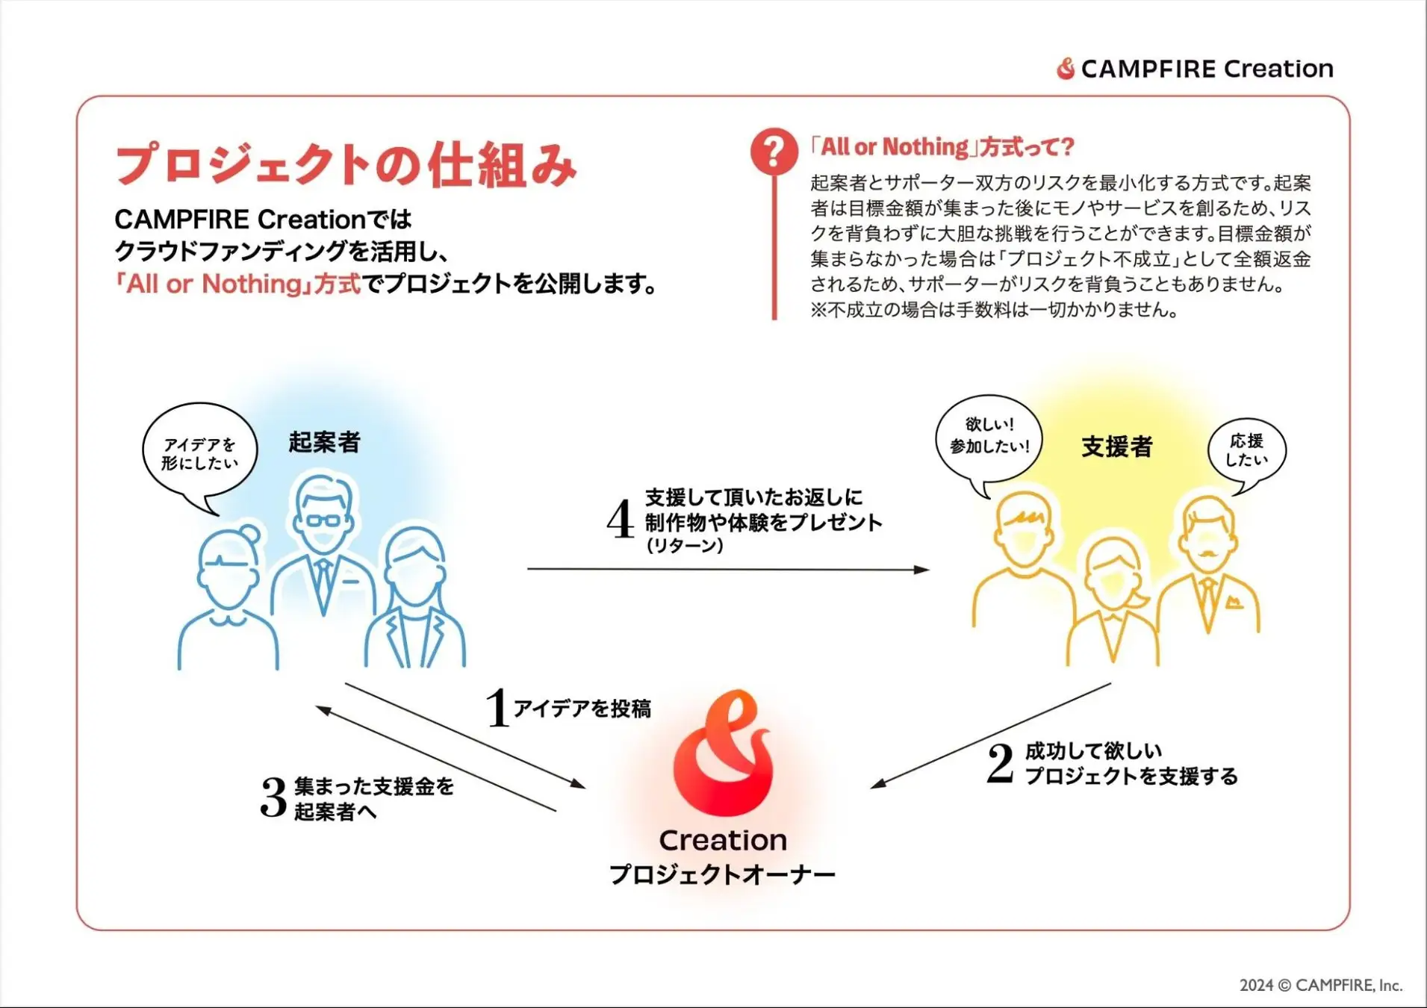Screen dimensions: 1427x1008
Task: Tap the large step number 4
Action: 621,519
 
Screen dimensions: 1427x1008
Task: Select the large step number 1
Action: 497,707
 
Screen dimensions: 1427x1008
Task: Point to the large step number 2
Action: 1000,763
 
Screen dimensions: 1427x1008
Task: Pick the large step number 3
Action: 274,797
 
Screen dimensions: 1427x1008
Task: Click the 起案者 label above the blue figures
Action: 324,442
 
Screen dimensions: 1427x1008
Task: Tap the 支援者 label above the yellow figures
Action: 1117,447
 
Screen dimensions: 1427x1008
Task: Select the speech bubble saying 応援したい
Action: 1247,451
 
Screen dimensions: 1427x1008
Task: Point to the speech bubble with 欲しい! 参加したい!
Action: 989,437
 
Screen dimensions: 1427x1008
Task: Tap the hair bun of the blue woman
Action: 250,535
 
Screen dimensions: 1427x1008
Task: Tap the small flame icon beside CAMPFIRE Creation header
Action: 1066,69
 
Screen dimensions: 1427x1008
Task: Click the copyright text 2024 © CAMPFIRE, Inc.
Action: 1321,985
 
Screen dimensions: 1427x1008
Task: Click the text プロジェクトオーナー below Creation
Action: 722,874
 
